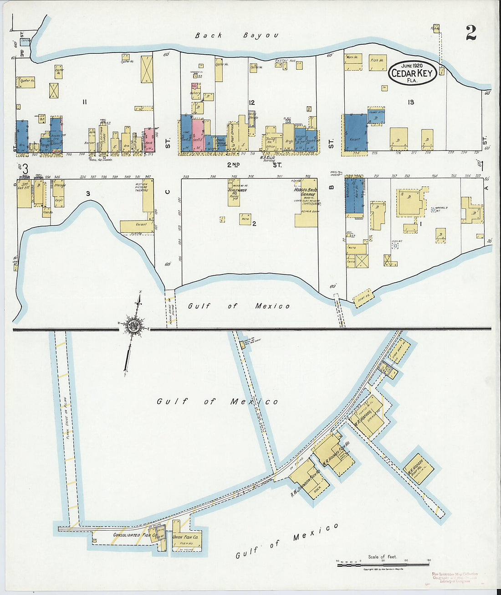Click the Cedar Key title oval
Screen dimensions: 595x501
412,73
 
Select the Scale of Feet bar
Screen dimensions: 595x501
383,564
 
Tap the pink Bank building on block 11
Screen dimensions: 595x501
149,140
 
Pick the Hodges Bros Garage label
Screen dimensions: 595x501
307,193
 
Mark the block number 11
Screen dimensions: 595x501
85,102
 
